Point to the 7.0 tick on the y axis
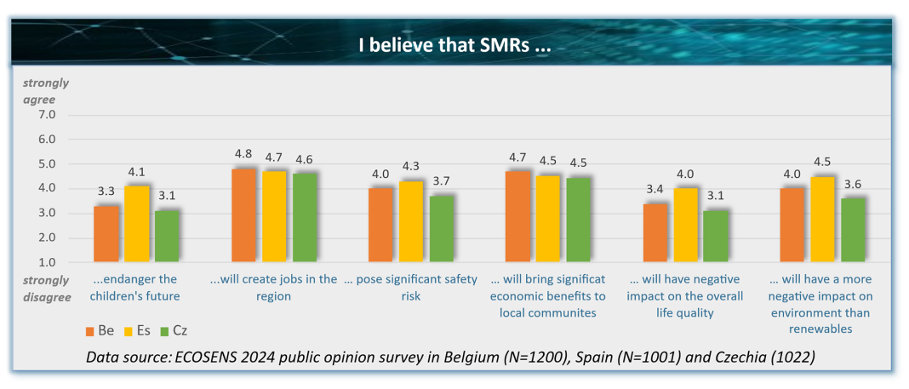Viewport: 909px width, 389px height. pyautogui.click(x=47, y=115)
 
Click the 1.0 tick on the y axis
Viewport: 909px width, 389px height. pyautogui.click(x=47, y=262)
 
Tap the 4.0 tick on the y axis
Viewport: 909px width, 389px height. pyautogui.click(x=47, y=188)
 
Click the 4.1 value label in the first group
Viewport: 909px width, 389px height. pyautogui.click(x=136, y=171)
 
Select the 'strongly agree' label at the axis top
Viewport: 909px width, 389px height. pyautogui.click(x=46, y=91)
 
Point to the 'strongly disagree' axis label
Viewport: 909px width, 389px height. pyautogui.click(x=46, y=287)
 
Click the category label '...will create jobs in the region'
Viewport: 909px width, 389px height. pyautogui.click(x=274, y=288)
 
